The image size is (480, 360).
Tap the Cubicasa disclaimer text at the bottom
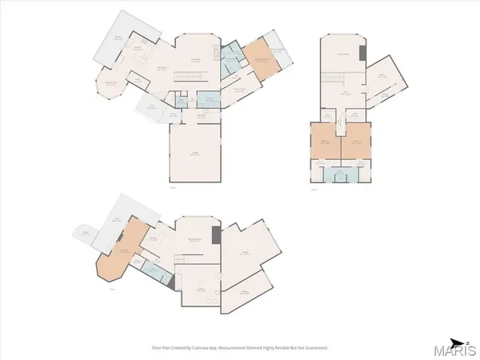pyautogui.click(x=240, y=348)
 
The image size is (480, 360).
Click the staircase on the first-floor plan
pyautogui.click(x=192, y=76)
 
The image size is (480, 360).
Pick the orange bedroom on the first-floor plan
pyautogui.click(x=258, y=59)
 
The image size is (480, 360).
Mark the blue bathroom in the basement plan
pyautogui.click(x=158, y=272)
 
